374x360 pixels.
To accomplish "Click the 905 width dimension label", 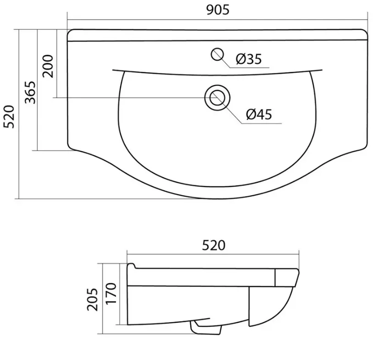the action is pyautogui.click(x=218, y=10).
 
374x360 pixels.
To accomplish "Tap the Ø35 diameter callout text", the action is pyautogui.click(x=249, y=59).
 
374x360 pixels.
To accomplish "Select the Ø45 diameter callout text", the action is pyautogui.click(x=259, y=114).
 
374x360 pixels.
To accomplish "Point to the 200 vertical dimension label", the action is pyautogui.click(x=48, y=66).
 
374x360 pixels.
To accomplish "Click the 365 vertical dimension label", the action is pyautogui.click(x=30, y=92).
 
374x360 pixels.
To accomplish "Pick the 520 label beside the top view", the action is pyautogui.click(x=9, y=117).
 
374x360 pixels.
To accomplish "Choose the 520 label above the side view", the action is pyautogui.click(x=213, y=245).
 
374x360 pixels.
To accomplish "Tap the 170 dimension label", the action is pyautogui.click(x=111, y=293).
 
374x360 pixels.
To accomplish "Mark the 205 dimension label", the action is pyautogui.click(x=92, y=299).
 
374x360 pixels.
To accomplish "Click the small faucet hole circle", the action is pyautogui.click(x=218, y=54).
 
